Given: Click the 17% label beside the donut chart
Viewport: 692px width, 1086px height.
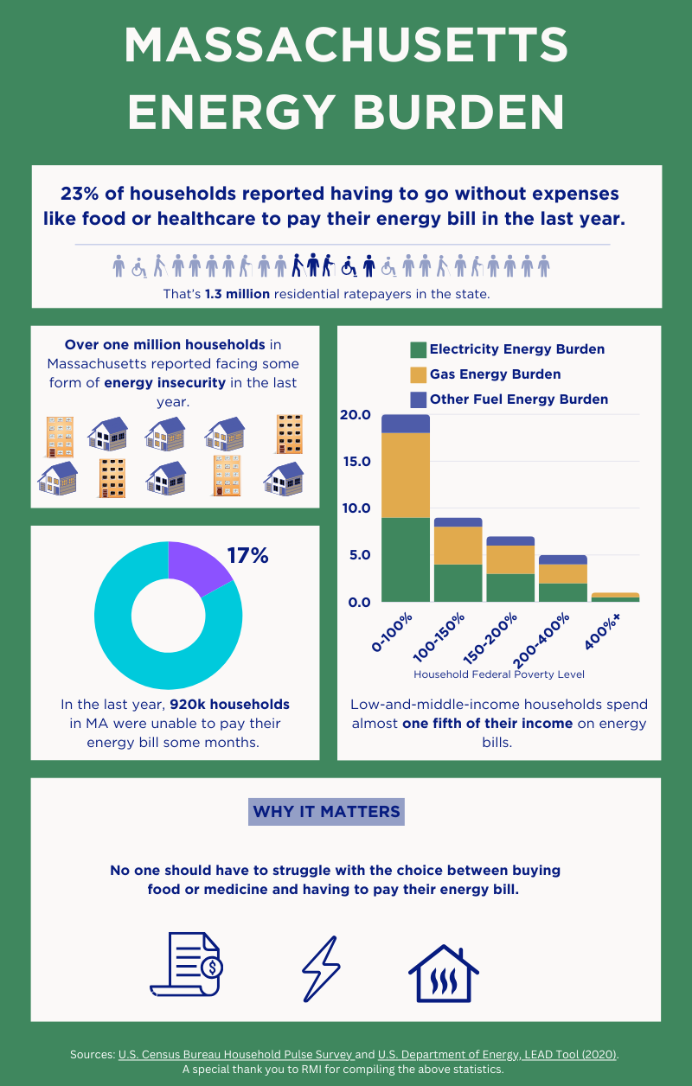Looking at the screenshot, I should click(x=247, y=555).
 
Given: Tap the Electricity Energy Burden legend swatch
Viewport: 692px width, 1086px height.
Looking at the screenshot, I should click(x=418, y=349).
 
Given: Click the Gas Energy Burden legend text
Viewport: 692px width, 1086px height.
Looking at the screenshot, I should click(x=495, y=374).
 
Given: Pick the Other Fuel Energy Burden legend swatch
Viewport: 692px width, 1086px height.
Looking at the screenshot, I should click(x=418, y=399).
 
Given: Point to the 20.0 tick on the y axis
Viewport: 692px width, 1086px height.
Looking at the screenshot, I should click(x=355, y=415).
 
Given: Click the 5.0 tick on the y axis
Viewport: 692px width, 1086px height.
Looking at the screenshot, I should click(x=358, y=555).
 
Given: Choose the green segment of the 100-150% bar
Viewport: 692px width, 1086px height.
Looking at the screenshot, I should click(x=458, y=583).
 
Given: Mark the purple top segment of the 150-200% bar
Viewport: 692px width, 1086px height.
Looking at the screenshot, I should click(x=509, y=541).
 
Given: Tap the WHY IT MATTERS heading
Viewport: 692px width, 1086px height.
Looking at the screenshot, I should click(x=326, y=812).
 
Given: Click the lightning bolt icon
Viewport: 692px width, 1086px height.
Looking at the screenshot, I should click(x=320, y=969).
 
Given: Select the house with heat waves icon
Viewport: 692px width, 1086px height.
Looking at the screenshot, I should click(x=444, y=974).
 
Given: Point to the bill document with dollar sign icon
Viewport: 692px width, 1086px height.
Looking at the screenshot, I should click(x=187, y=964).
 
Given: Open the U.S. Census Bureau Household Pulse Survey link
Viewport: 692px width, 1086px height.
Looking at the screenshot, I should click(x=235, y=1055).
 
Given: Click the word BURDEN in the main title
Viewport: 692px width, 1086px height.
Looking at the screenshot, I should click(x=452, y=112).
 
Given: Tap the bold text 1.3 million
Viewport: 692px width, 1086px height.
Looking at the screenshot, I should click(x=239, y=294).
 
